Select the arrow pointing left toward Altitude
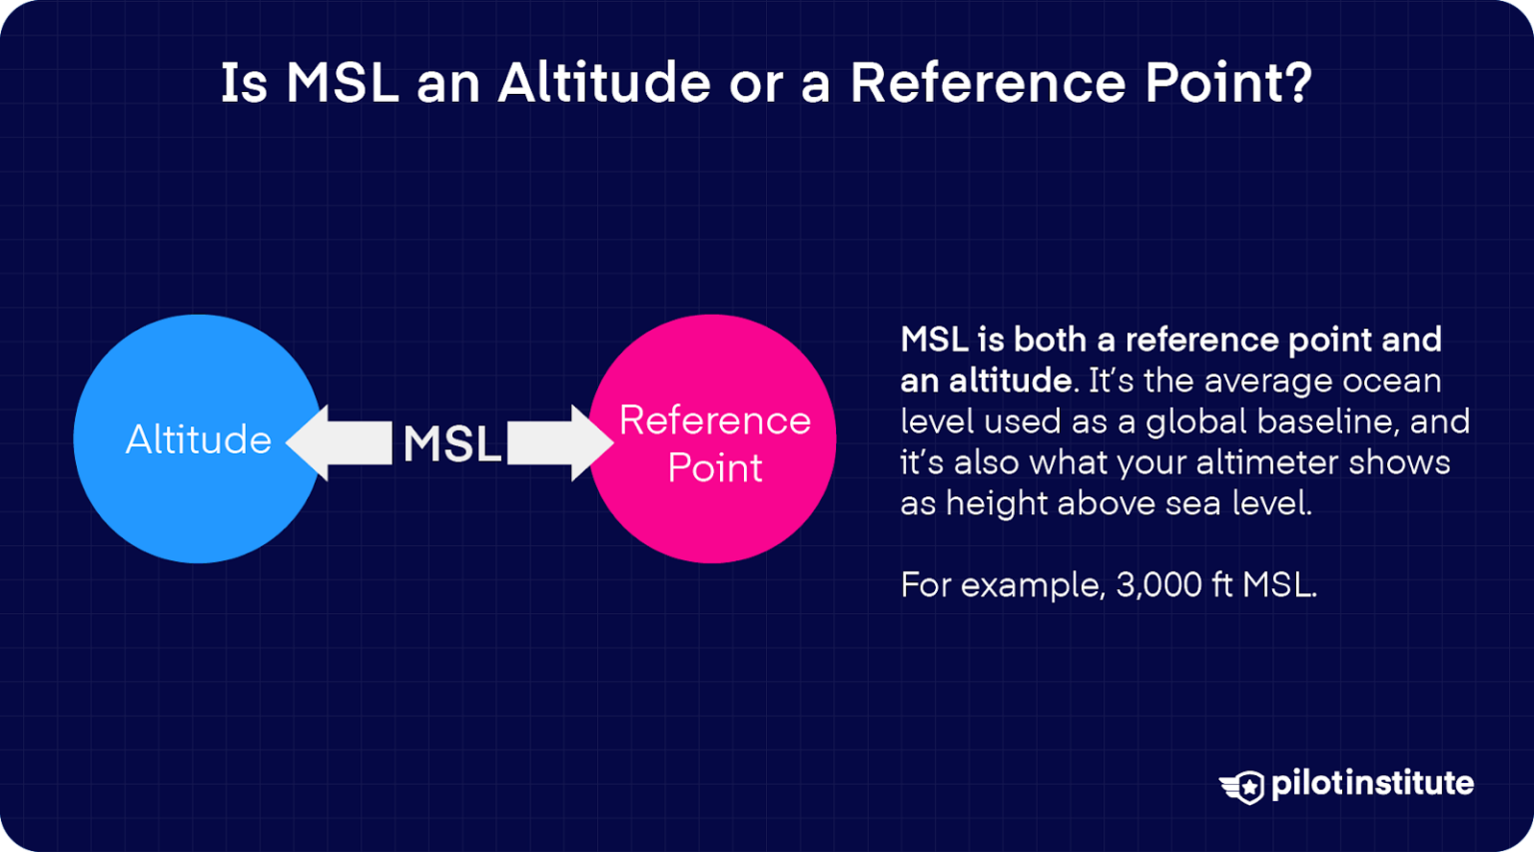pos(341,442)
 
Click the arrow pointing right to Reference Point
pos(559,442)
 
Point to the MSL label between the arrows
pos(451,443)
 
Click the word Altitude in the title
pos(604,83)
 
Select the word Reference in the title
pos(988,83)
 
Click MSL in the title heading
pos(343,83)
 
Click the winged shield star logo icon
pos(1242,786)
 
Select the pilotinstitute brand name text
pos(1372,783)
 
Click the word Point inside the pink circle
pos(715,467)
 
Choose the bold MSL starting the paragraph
pos(934,340)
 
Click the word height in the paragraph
pos(997,503)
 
